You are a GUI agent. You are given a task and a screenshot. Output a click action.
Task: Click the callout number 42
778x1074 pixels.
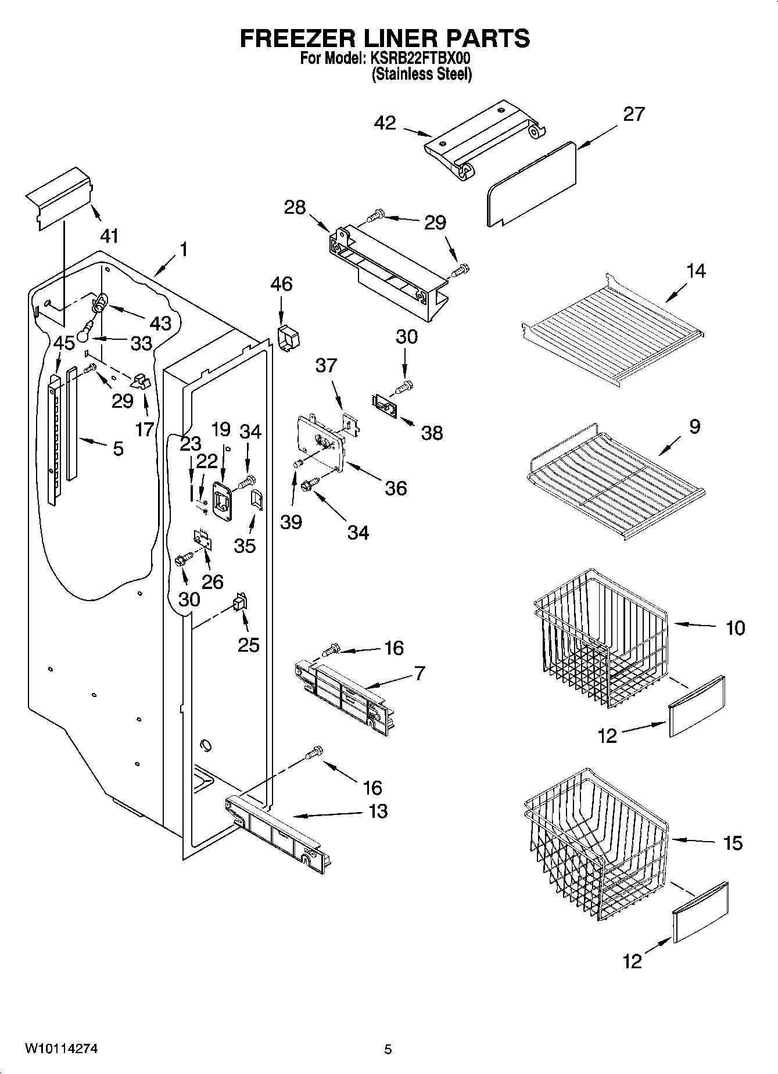click(x=385, y=123)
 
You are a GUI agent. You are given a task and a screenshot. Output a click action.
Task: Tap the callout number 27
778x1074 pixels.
click(x=634, y=114)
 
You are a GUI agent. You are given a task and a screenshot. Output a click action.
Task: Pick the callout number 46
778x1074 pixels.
click(x=281, y=284)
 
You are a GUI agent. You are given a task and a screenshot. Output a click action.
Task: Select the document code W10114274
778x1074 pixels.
click(x=61, y=1048)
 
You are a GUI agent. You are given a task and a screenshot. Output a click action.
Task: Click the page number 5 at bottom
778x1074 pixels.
click(x=388, y=1049)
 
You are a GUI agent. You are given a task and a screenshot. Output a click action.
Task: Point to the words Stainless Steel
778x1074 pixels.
click(x=422, y=74)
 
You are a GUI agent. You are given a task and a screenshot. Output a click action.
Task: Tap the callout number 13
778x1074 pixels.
click(x=378, y=811)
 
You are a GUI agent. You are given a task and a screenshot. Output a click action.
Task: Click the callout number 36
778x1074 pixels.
click(x=396, y=488)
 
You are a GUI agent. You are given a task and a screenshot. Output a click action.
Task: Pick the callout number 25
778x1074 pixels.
click(x=249, y=645)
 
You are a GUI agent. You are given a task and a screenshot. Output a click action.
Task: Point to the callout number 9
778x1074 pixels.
click(x=695, y=427)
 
